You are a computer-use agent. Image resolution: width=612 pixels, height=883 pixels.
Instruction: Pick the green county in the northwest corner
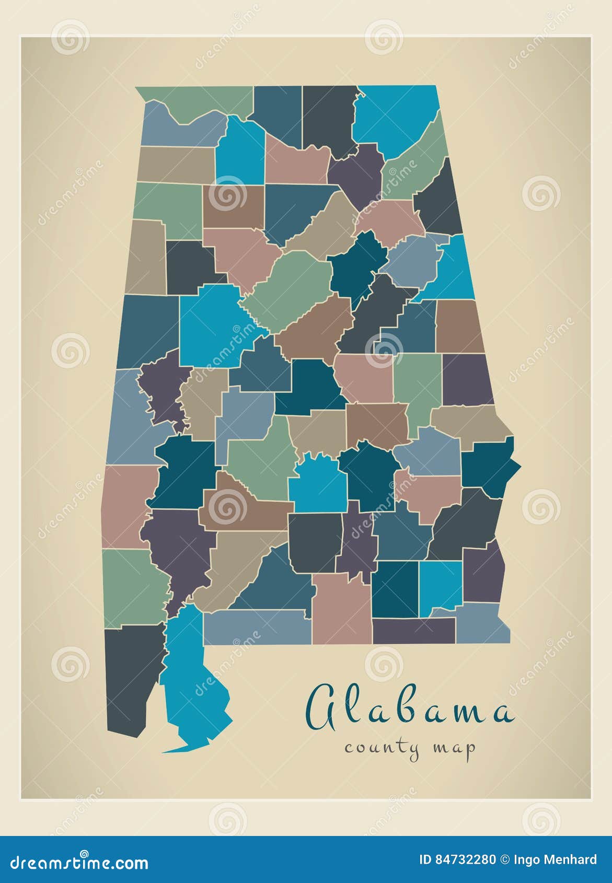204,102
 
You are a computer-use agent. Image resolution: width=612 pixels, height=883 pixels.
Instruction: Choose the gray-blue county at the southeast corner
483,624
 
